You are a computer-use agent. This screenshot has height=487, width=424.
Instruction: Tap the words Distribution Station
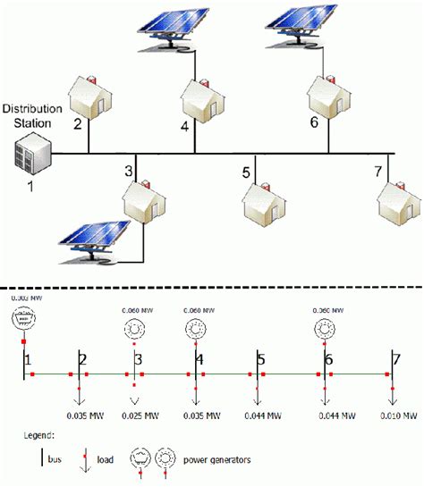pos(32,115)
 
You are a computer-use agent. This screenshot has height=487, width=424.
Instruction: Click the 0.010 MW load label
pos(398,416)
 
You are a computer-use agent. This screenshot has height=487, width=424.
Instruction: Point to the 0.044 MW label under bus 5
pos(262,416)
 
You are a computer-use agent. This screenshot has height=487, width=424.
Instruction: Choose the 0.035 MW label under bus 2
pos(88,416)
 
